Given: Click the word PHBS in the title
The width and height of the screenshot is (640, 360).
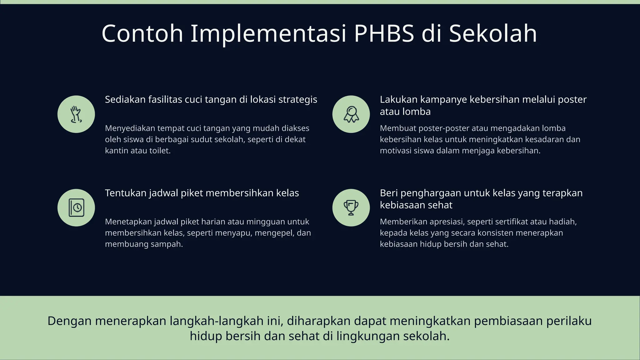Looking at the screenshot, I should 384,33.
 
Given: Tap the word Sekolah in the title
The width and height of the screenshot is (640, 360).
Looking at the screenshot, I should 493,33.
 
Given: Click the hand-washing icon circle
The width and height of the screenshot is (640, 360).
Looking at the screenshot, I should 76,114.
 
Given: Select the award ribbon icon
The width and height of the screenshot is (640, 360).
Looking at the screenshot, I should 351,114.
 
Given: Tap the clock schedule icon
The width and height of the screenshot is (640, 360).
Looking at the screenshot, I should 76,208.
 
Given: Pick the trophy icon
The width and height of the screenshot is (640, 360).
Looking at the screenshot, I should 351,208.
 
